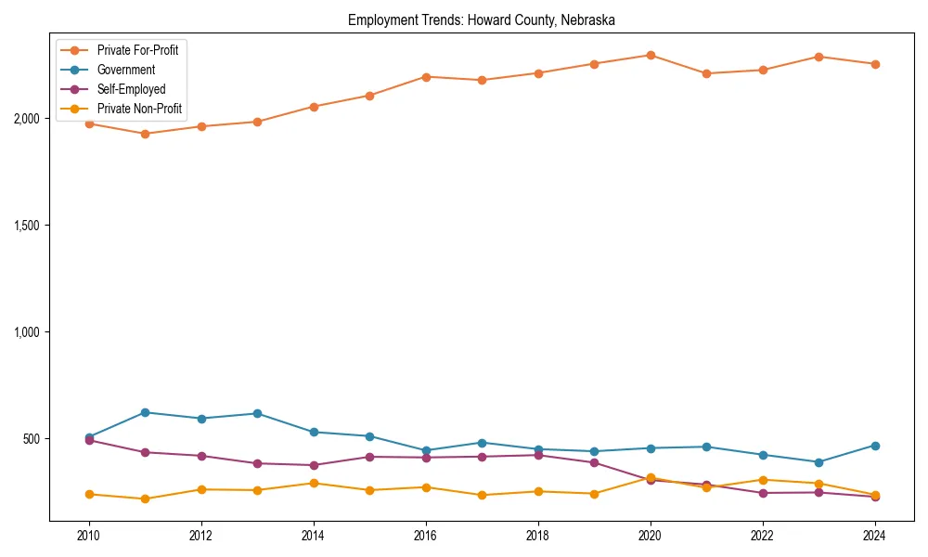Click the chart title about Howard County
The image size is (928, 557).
481,19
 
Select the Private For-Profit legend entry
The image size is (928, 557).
137,50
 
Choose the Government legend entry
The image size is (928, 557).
126,70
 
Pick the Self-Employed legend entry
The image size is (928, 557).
131,90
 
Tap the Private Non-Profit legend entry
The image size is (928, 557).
139,110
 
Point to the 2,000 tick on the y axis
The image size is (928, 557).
26,119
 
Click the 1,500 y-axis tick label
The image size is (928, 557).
26,226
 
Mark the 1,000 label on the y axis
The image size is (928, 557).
26,332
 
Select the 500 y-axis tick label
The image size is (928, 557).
31,438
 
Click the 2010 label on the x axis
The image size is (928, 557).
89,536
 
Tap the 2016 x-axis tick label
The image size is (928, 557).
426,536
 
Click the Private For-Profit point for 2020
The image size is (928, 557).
651,56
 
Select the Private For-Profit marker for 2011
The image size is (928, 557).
145,134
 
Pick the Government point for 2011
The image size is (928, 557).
145,412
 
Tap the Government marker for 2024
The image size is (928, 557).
874,446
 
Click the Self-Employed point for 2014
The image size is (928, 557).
314,465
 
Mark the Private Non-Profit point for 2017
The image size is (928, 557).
482,495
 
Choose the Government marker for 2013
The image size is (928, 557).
257,413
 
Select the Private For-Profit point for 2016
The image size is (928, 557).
426,77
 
